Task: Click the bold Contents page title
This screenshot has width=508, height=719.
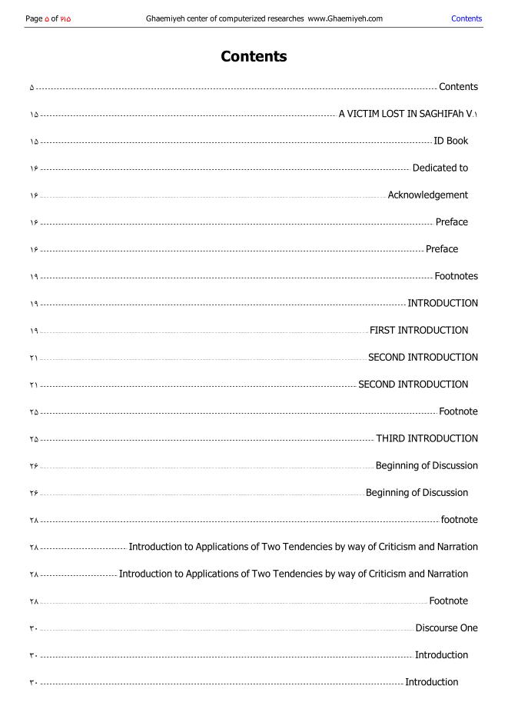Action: (254, 57)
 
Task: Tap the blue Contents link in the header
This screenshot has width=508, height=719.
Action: (466, 18)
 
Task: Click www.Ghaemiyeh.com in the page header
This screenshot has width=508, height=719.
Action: (345, 18)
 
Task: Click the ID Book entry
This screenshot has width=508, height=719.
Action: (450, 141)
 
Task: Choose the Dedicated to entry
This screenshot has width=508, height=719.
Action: (440, 168)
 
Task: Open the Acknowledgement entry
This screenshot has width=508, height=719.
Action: (427, 195)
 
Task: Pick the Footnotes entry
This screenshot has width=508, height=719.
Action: (456, 276)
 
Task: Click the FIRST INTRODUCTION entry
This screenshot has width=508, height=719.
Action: (418, 331)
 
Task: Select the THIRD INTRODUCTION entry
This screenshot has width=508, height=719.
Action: (427, 438)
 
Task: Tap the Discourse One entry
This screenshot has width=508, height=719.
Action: (447, 628)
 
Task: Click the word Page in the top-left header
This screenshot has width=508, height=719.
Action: (34, 18)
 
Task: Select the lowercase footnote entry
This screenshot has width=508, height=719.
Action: (459, 520)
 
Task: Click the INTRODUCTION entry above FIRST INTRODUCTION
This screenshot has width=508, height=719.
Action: (442, 303)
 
